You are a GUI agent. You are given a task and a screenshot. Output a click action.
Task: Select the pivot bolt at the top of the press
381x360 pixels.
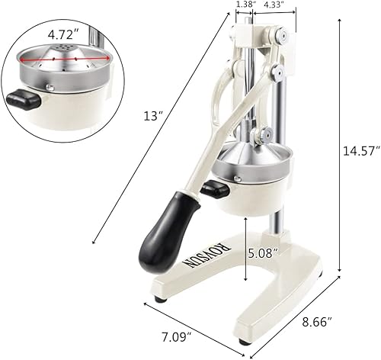pyautogui.click(x=284, y=36)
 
